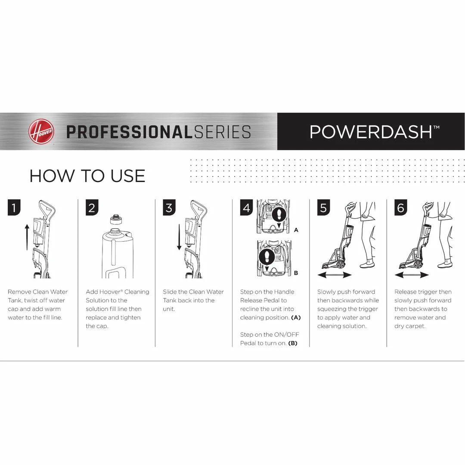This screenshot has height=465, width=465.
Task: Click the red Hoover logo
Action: [x=41, y=131]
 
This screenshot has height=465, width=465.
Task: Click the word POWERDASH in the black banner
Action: [x=371, y=132]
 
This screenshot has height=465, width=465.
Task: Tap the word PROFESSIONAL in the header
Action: [x=130, y=132]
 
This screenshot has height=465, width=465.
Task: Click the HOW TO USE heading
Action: [x=87, y=176]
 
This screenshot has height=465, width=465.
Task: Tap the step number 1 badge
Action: [x=14, y=207]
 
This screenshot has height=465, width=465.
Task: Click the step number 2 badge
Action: [x=92, y=207]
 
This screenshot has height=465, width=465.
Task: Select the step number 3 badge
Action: [x=169, y=207]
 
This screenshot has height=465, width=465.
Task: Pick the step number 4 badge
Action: [x=246, y=207]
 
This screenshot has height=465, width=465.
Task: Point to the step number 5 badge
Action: [x=323, y=207]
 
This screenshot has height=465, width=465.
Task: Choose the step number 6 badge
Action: [x=401, y=207]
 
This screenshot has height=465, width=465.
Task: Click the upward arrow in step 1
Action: [x=27, y=237]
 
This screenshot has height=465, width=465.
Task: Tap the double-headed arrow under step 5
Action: [x=335, y=275]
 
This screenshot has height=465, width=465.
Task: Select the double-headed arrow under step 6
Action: [x=412, y=275]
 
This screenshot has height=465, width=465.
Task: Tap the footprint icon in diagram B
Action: [x=267, y=257]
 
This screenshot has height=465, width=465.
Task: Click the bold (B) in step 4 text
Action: [x=293, y=343]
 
